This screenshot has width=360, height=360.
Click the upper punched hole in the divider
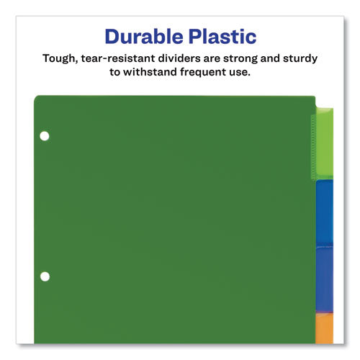point(45,135)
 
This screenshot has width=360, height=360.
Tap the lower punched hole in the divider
point(45,276)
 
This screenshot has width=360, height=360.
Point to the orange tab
point(325,328)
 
